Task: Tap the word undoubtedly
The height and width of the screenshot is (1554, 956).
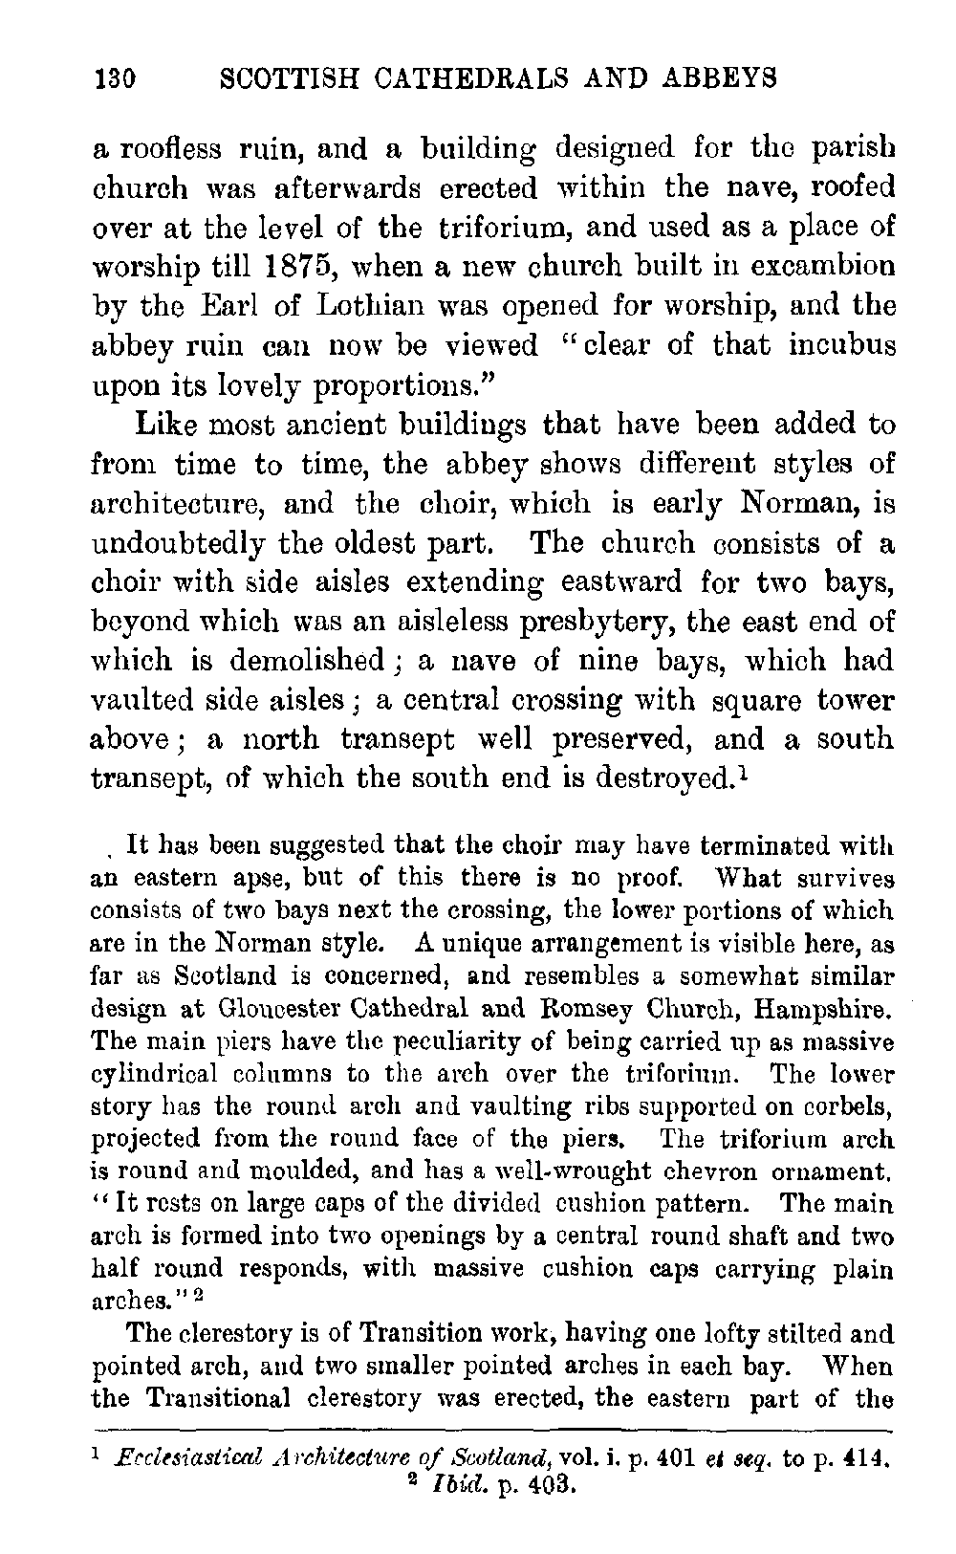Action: coord(177,543)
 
